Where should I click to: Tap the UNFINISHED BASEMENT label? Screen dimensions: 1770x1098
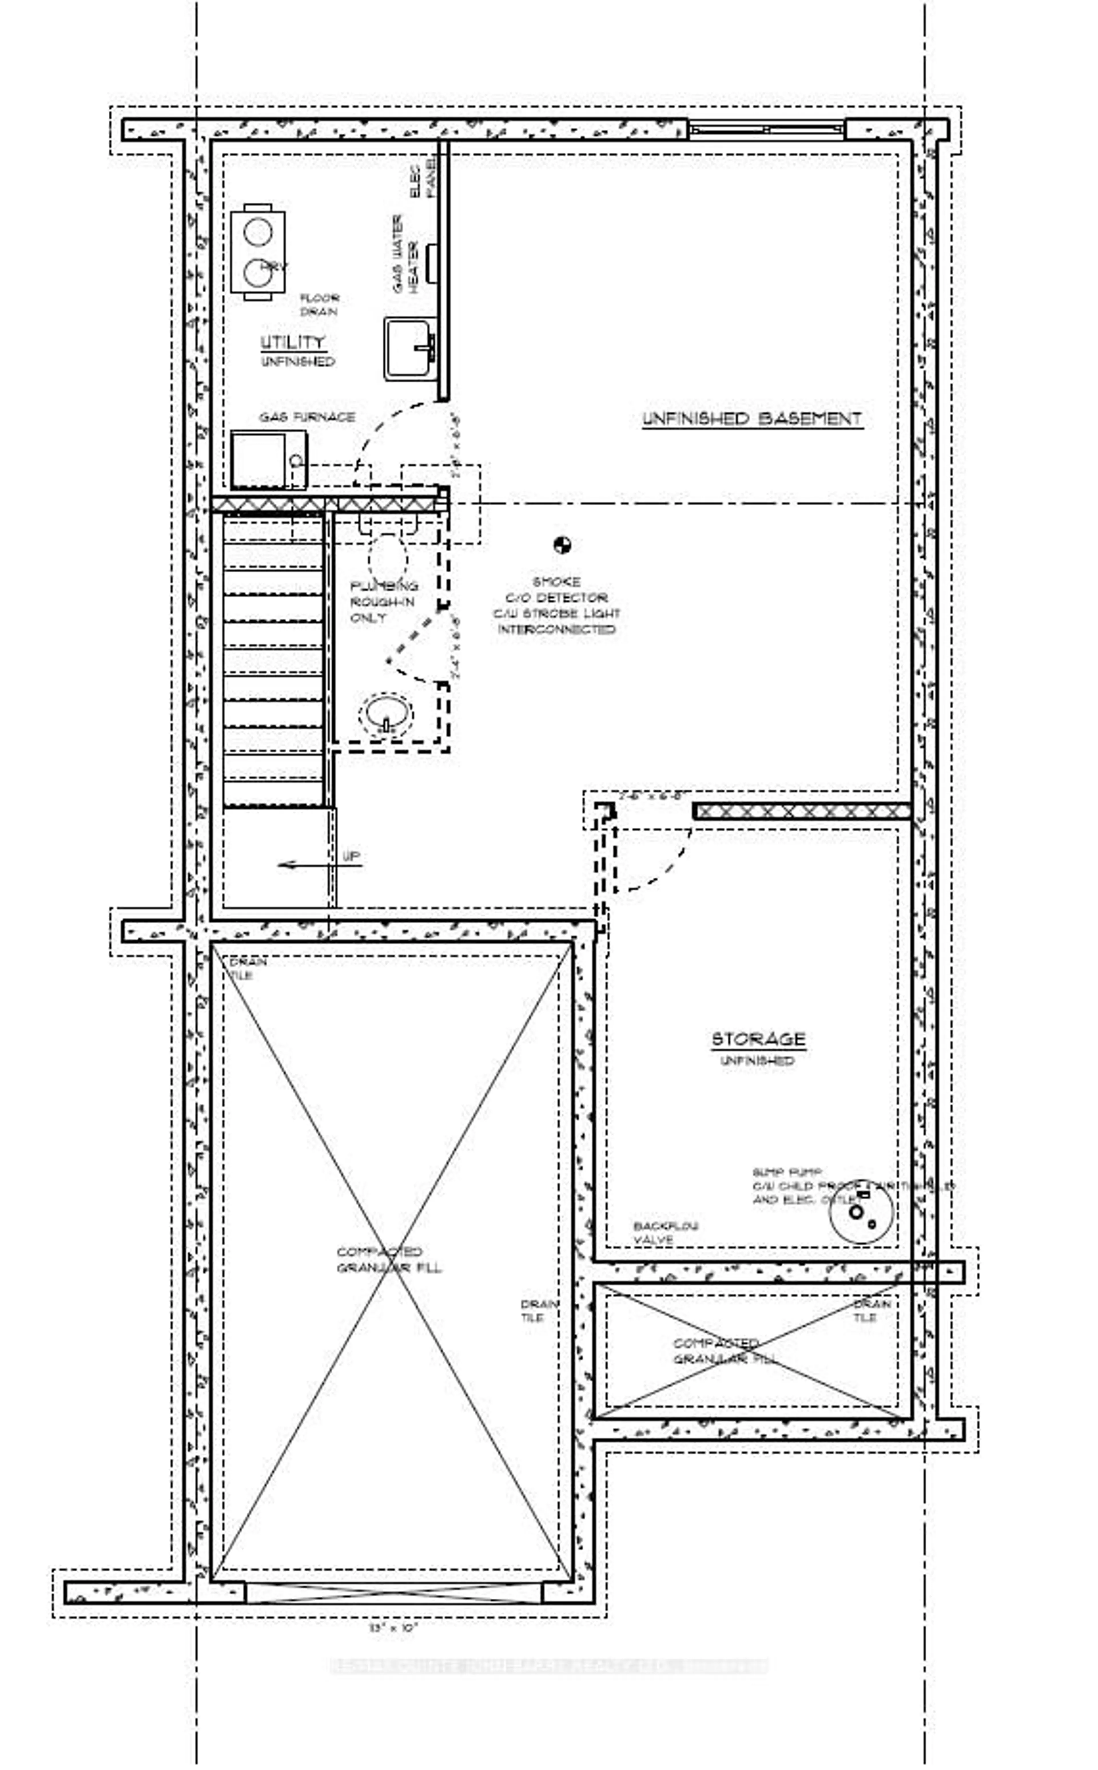(x=752, y=419)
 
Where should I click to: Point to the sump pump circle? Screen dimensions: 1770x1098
(x=861, y=1211)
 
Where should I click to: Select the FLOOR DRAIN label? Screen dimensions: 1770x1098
(x=319, y=304)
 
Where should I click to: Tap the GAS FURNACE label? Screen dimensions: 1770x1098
(x=307, y=417)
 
